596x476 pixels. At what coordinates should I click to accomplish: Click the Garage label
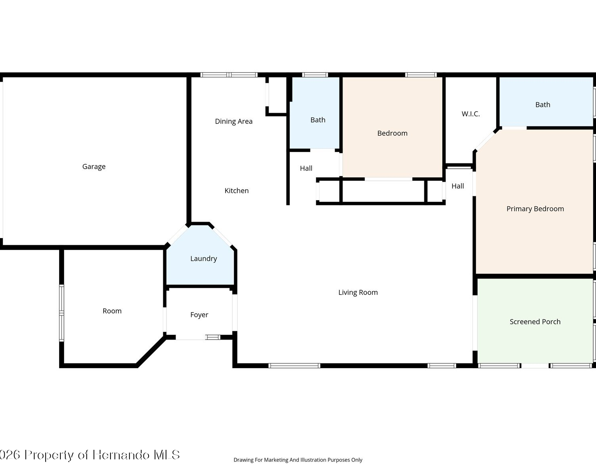coord(94,167)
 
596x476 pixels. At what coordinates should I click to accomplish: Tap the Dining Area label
coord(234,121)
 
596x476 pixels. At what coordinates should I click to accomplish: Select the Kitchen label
coord(236,190)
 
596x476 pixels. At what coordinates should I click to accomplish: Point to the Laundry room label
coord(203,259)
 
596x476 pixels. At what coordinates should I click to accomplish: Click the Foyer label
coord(199,315)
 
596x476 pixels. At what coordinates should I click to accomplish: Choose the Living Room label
coord(358,292)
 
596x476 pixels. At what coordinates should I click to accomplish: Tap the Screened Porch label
coord(535,322)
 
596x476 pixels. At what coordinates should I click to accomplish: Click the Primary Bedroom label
coord(535,209)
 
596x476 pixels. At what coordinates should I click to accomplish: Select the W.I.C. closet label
coord(470,114)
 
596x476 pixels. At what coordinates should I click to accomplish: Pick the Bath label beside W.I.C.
coord(543,105)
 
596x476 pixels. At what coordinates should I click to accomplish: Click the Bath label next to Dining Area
coord(318,120)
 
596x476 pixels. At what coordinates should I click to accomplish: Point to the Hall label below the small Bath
coord(306,168)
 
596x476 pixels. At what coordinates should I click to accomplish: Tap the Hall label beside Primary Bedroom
coord(457,186)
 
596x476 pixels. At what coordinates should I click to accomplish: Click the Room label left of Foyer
coord(112,311)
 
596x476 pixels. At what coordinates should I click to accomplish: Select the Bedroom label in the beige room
coord(392,133)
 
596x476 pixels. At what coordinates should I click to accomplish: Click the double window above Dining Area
coord(229,75)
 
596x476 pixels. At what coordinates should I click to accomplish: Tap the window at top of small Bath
coord(315,75)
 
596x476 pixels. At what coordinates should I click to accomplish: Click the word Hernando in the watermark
coord(121,455)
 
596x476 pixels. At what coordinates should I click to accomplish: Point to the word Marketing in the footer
coord(276,460)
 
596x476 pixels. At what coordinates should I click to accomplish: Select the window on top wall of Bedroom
coord(421,75)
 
